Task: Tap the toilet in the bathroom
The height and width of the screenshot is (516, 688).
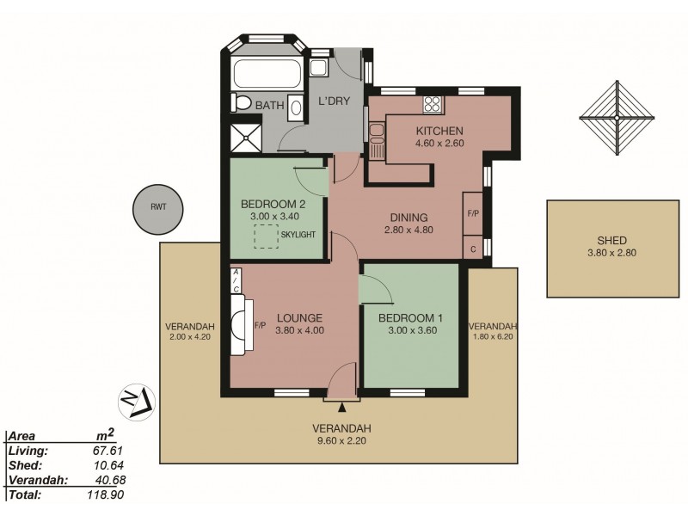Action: [242, 104]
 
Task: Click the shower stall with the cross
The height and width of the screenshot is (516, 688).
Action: [244, 137]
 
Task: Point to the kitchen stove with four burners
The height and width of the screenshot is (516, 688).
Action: [432, 106]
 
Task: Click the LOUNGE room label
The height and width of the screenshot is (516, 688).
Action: [299, 316]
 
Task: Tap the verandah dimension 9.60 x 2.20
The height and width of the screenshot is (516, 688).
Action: [342, 441]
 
